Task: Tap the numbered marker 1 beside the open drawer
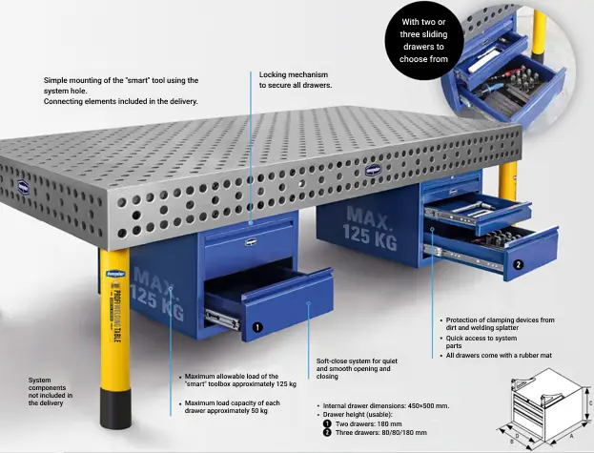[257, 326]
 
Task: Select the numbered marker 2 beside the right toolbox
[518, 264]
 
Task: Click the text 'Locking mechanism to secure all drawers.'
[295, 79]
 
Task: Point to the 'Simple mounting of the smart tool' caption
[121, 91]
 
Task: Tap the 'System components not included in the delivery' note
[51, 391]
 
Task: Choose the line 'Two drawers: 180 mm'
[368, 423]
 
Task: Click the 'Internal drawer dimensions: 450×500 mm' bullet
[385, 405]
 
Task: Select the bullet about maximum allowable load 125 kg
[239, 381]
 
